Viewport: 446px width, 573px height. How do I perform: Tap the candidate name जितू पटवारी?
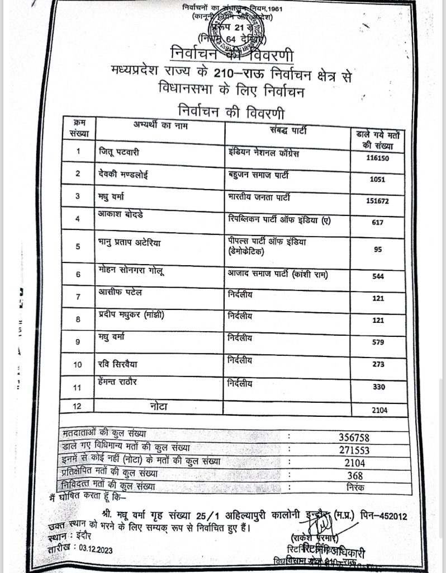(114, 151)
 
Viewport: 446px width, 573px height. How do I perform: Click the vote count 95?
(378, 250)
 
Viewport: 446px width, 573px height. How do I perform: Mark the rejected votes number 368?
(354, 476)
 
